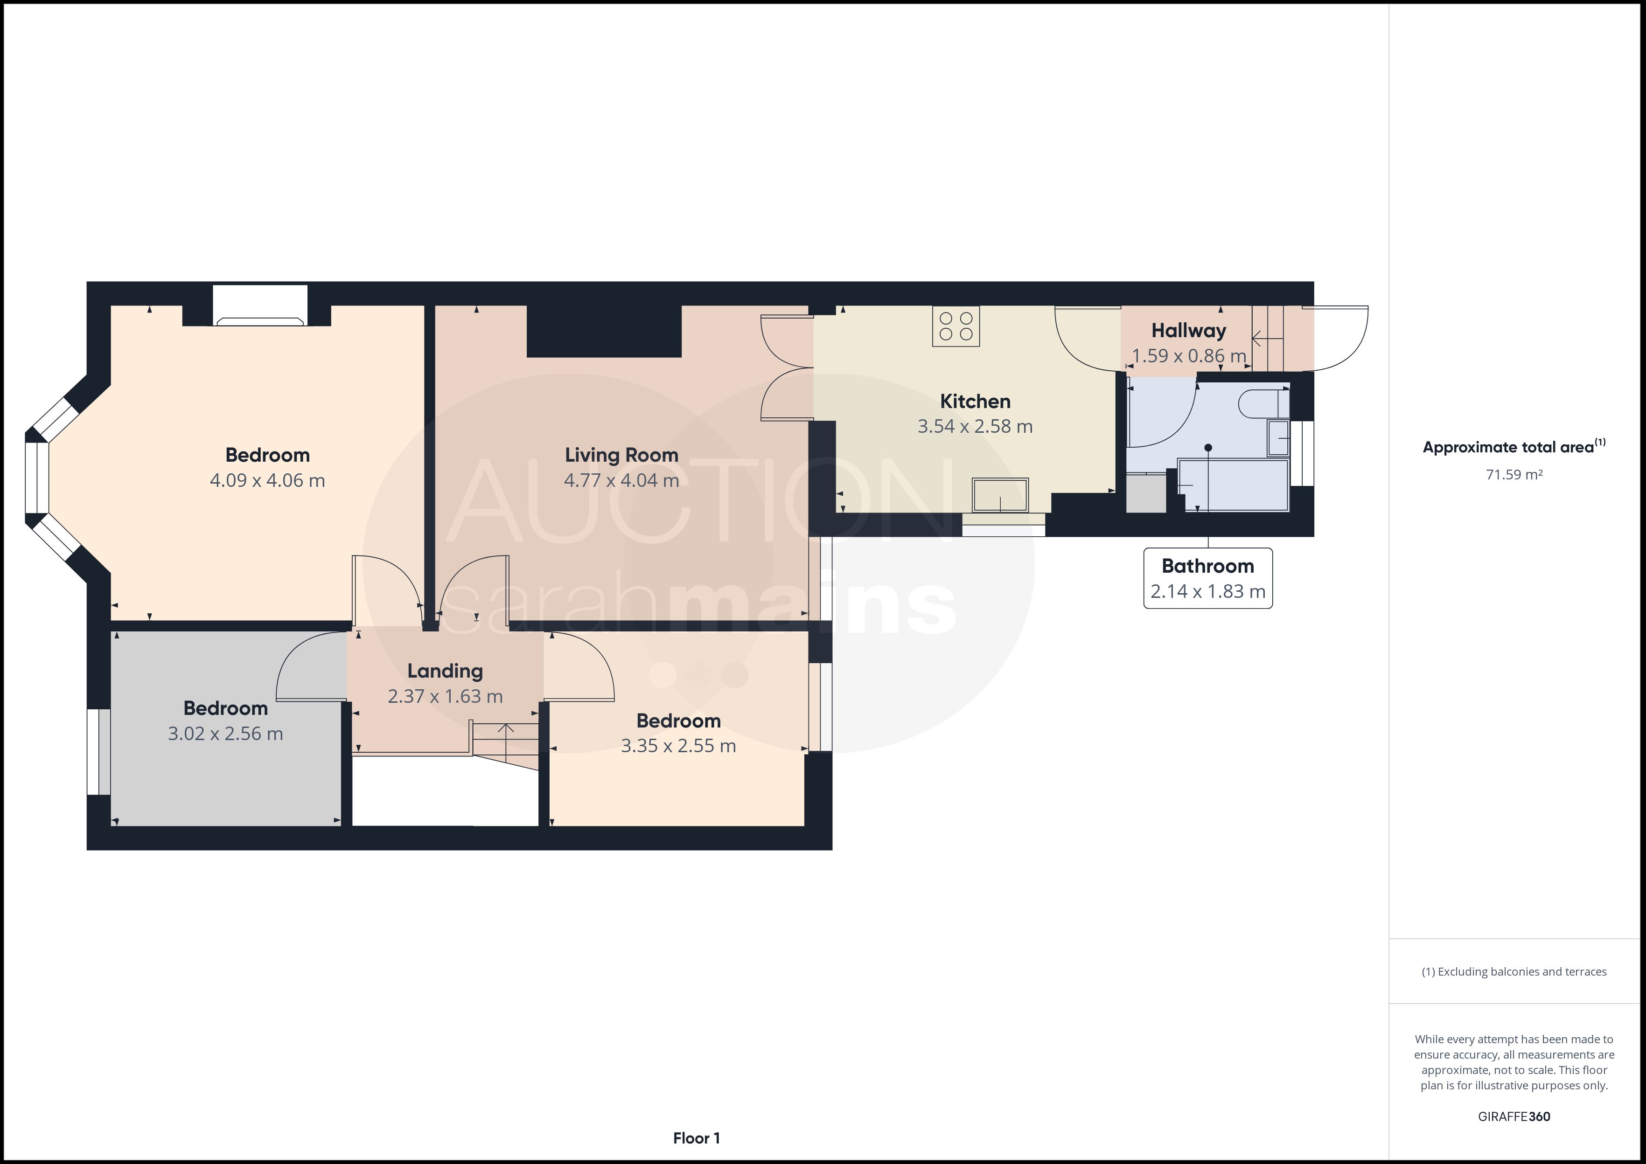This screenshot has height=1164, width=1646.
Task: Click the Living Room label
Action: point(621,455)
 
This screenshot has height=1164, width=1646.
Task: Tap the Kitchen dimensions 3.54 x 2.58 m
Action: point(975,426)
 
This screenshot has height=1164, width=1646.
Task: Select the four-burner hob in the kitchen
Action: point(956,326)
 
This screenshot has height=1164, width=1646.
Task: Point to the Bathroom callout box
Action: point(1208,578)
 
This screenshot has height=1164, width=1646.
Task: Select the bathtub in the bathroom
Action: point(1233,485)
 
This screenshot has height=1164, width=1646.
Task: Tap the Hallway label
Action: point(1189,331)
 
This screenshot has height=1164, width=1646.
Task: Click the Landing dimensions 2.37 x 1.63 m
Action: point(445,696)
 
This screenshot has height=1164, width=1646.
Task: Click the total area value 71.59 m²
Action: point(1514,474)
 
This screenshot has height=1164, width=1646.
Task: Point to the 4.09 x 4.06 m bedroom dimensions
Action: point(267,480)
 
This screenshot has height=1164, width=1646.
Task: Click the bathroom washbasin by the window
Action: point(1278,438)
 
